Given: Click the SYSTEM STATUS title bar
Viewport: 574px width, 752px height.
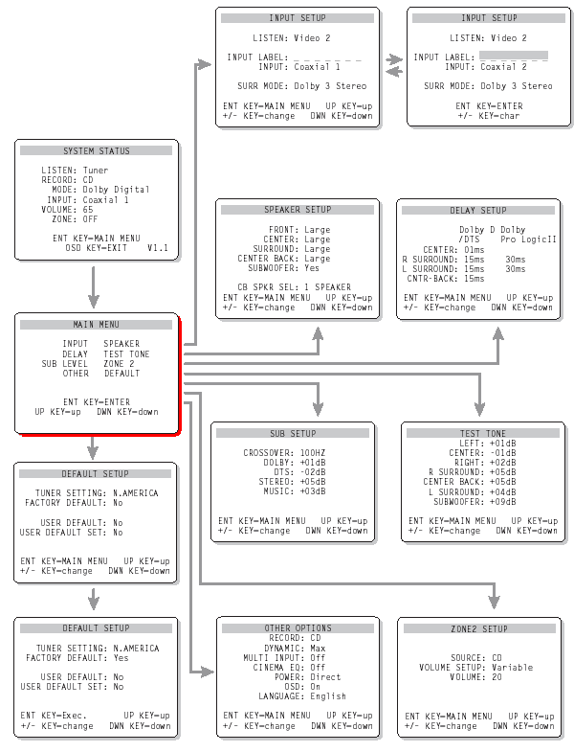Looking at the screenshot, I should tap(97, 150).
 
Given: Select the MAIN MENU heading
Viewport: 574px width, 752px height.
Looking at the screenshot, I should tap(97, 324).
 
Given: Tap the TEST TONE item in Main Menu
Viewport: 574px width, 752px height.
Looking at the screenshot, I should tap(126, 353).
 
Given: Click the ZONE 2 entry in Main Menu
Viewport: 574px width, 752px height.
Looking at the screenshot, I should tap(119, 364).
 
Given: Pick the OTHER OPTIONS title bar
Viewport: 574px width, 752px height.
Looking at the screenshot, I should tap(298, 628).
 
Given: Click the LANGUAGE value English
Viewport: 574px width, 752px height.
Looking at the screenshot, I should tap(328, 696).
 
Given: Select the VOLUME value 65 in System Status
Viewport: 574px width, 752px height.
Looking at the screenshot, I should tap(88, 209).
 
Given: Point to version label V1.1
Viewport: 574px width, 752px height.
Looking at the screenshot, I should tap(158, 247).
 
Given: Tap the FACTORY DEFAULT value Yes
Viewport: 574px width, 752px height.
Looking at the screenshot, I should tap(121, 659).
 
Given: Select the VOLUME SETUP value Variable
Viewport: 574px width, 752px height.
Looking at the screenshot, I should tap(514, 668).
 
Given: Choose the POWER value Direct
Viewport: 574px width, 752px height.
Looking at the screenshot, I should tap(326, 676).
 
